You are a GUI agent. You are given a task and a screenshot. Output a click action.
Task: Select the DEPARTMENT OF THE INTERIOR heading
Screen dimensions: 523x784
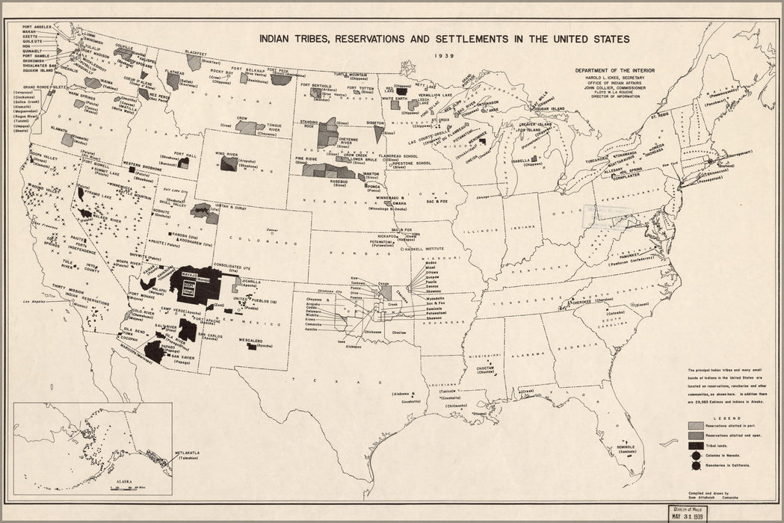coord(615,69)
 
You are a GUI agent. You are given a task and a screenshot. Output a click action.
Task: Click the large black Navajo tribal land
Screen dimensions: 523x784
coord(196,282)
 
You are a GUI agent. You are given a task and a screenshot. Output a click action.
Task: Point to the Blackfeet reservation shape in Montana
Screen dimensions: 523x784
coord(194,63)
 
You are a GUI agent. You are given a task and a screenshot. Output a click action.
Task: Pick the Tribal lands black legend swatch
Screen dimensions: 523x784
coord(696,443)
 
